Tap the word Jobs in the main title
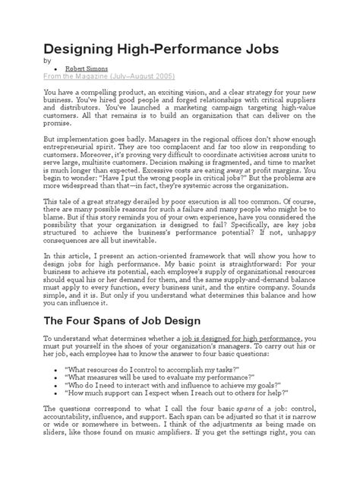click(x=257, y=49)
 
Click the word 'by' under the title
click(x=47, y=61)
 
